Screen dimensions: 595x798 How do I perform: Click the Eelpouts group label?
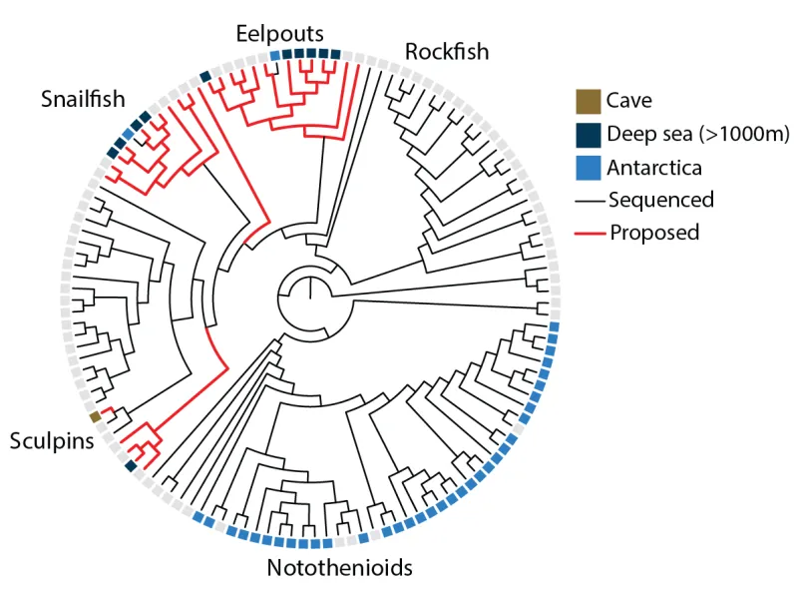279,33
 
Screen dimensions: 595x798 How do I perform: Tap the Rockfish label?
446,50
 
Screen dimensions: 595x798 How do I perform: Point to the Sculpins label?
52,440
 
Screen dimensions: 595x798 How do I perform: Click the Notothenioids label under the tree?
339,569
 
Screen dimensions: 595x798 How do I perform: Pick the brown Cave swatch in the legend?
589,101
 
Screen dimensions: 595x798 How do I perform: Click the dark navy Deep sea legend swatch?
589,134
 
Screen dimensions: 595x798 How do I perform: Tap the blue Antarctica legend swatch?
589,167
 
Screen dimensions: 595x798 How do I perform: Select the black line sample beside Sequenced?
589,200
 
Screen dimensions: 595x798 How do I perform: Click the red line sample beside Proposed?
589,233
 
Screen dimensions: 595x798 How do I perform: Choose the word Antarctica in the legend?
654,167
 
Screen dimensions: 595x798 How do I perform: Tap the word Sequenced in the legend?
661,200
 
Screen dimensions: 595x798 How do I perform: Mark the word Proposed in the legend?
654,233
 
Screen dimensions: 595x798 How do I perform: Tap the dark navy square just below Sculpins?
130,466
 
